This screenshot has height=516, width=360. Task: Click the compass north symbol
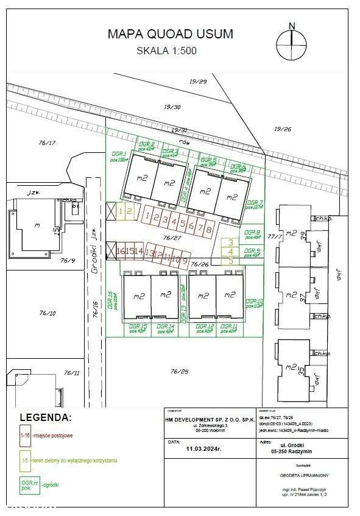point(292,38)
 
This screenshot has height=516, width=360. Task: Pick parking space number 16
point(120,250)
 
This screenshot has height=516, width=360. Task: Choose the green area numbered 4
point(231,251)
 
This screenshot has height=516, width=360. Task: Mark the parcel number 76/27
point(173,238)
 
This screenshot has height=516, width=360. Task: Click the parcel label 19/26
point(283,129)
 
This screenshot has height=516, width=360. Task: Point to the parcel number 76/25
point(180,371)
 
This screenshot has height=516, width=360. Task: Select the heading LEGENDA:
point(46,418)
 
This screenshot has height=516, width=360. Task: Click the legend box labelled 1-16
point(25,436)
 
